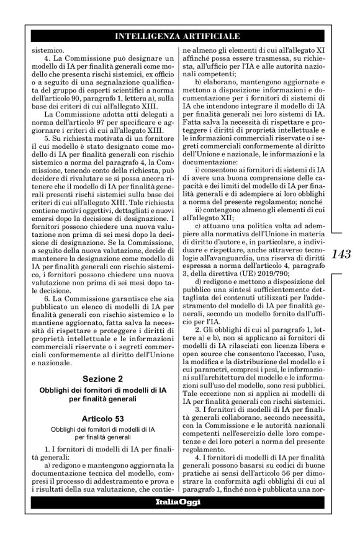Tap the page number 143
coord(341,254)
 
